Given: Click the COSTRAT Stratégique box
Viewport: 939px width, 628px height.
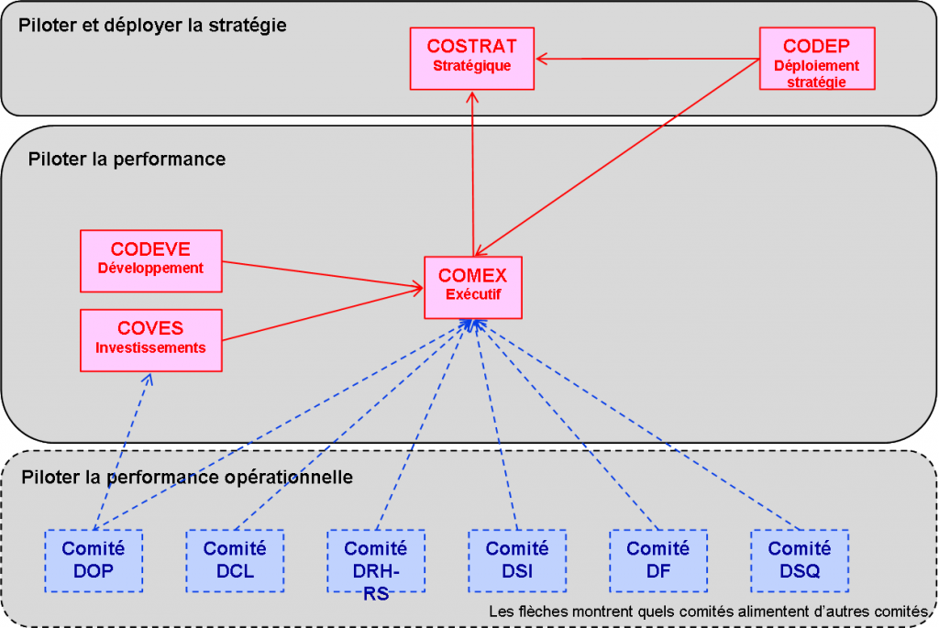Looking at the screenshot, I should (x=471, y=58).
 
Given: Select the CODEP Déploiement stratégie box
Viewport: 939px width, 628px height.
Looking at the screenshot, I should (x=817, y=58).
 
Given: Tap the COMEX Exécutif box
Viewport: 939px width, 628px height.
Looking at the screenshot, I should (x=472, y=286).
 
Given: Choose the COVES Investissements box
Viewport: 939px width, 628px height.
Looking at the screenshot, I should (x=151, y=339).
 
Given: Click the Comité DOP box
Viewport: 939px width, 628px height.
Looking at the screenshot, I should (x=94, y=560).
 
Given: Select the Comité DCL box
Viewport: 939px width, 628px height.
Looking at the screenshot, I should (x=235, y=560).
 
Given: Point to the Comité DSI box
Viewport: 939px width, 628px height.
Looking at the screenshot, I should (x=517, y=560).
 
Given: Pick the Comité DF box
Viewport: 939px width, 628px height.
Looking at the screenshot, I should (x=658, y=560).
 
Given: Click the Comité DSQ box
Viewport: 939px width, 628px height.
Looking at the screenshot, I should (x=800, y=560).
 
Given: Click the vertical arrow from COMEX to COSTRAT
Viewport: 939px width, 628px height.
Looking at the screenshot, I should (x=472, y=174).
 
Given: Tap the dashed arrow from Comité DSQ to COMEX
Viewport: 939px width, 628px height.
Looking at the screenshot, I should (x=642, y=426).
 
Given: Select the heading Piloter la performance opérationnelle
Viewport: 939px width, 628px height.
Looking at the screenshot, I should (x=187, y=478).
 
